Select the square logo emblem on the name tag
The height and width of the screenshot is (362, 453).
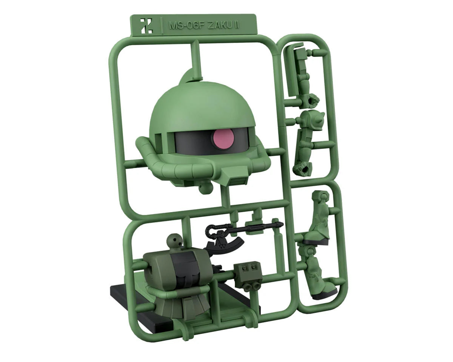(147, 26)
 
